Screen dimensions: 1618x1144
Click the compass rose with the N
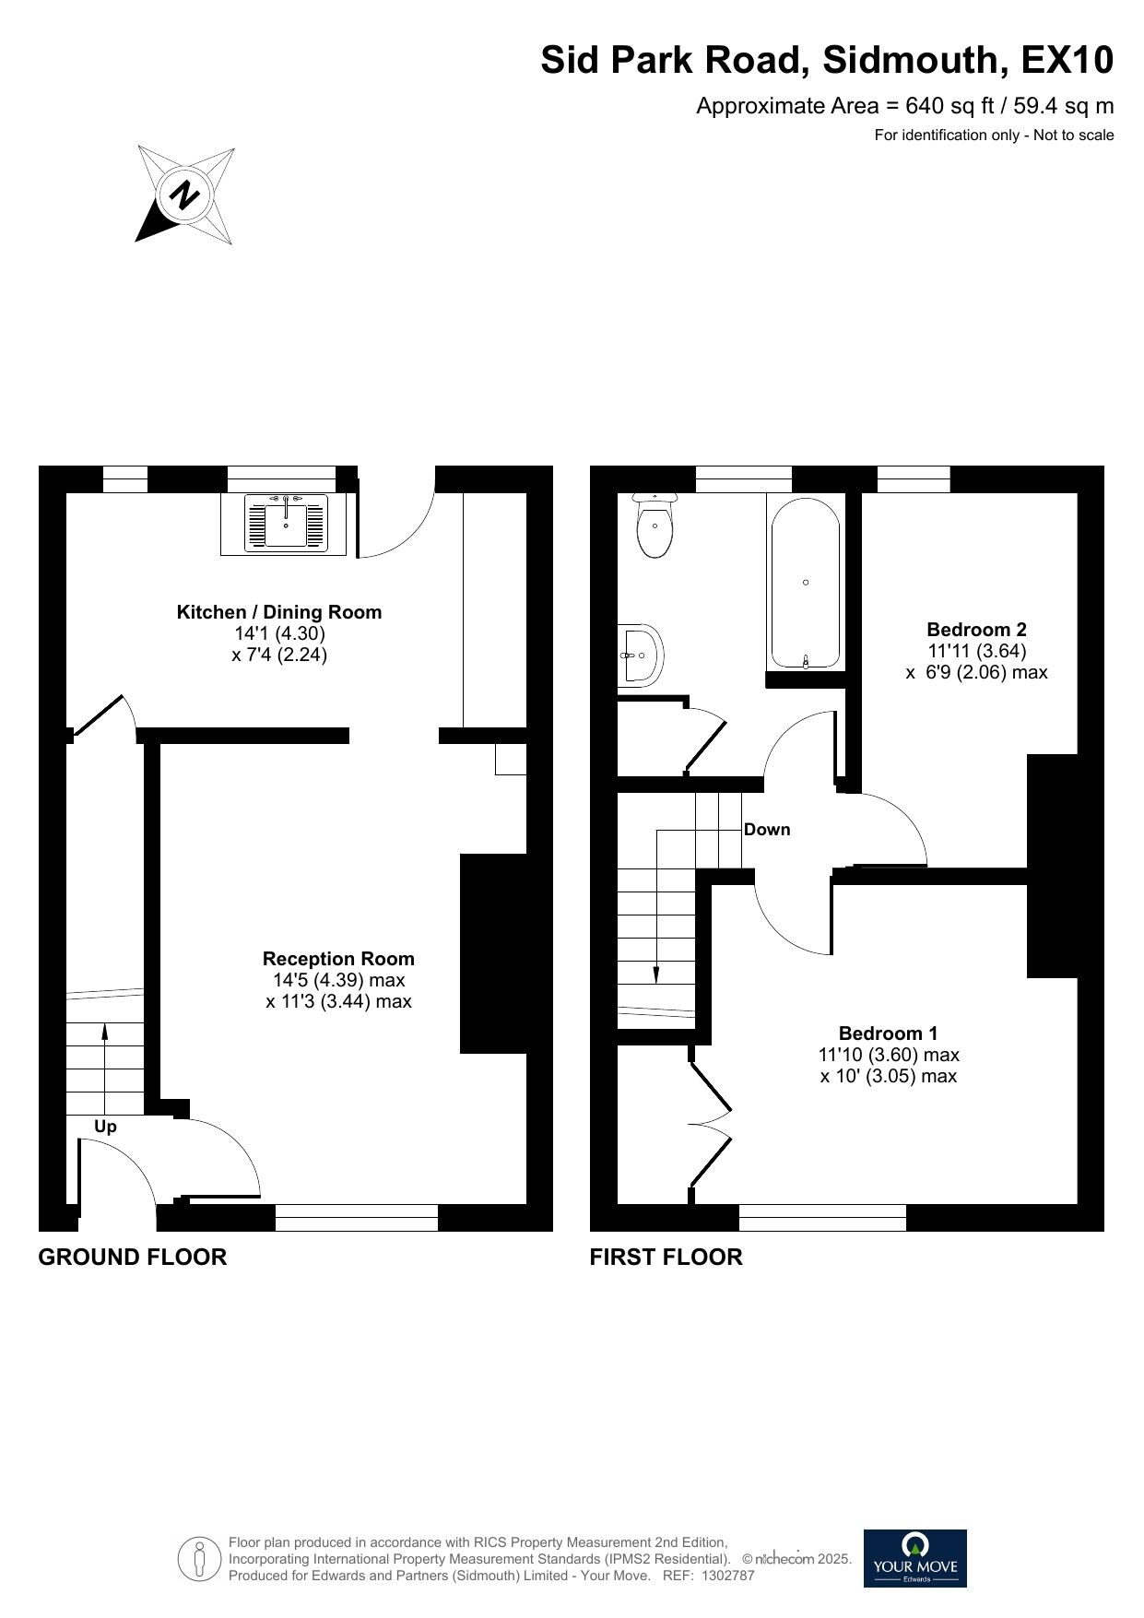click(x=185, y=195)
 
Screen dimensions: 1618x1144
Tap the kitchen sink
click(x=286, y=524)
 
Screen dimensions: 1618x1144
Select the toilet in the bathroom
click(x=655, y=527)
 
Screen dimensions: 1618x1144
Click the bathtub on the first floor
click(x=806, y=583)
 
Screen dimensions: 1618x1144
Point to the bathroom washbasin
click(x=640, y=655)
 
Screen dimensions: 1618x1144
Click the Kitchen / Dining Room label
click(x=278, y=612)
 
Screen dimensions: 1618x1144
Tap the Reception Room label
click(x=338, y=959)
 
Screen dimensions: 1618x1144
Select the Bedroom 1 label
click(x=888, y=1033)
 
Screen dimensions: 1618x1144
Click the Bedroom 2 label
click(x=976, y=630)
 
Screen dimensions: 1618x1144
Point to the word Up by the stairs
click(x=105, y=1127)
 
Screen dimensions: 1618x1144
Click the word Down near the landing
click(x=767, y=830)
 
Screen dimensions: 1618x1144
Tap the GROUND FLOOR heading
click(x=132, y=1257)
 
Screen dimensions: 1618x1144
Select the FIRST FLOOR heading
click(x=666, y=1257)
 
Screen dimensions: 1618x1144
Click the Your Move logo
click(x=914, y=1558)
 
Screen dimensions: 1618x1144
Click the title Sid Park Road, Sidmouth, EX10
click(x=827, y=61)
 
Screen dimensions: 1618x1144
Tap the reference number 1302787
click(x=728, y=1576)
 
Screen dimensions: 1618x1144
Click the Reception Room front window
click(x=357, y=1217)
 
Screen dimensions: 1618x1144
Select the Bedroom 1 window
click(x=822, y=1217)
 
